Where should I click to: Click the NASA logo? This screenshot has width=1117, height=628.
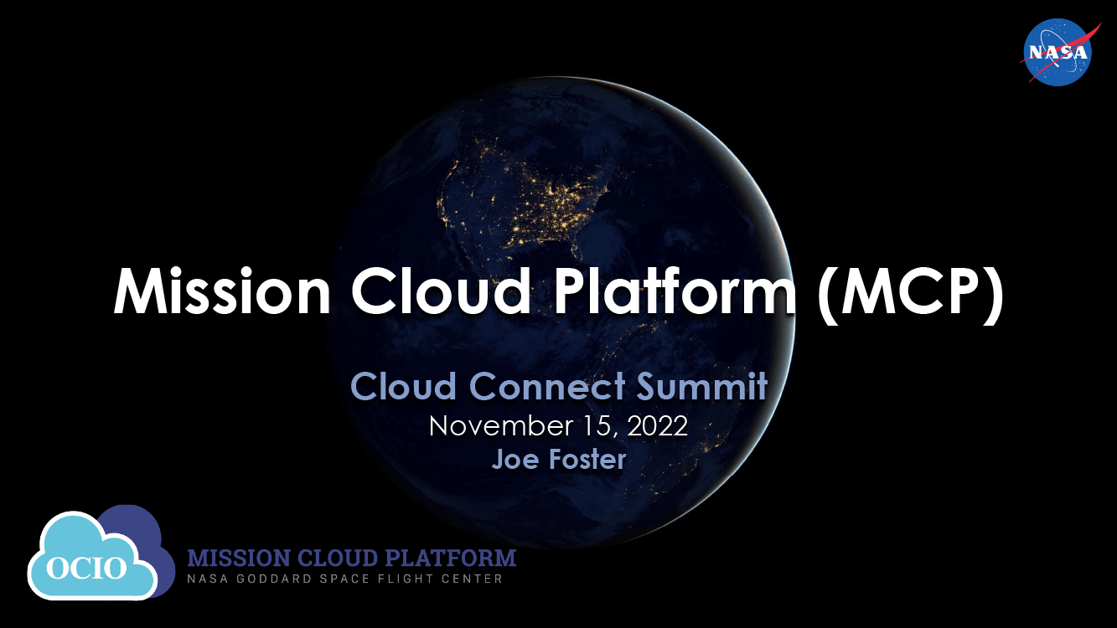tap(1058, 52)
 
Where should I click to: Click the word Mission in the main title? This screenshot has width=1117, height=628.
tap(222, 291)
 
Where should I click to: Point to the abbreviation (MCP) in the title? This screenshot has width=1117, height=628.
tap(911, 294)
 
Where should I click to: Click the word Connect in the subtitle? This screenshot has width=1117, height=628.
tap(547, 387)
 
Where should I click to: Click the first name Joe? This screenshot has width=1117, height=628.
tap(515, 459)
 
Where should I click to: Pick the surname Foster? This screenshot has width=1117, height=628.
tap(587, 459)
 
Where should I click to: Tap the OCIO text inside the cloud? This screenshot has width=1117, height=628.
tap(86, 568)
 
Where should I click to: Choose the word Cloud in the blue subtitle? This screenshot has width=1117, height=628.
tap(404, 387)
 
